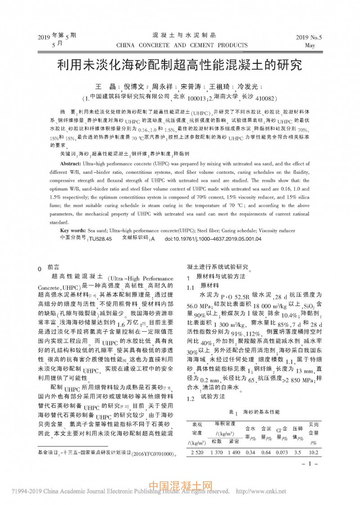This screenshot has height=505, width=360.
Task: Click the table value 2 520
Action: point(198,452)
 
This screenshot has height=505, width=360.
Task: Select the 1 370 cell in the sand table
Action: point(218,452)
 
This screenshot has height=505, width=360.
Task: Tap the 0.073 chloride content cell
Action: point(282,452)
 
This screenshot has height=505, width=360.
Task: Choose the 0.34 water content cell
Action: point(250,452)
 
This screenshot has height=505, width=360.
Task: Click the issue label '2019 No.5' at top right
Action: point(309,38)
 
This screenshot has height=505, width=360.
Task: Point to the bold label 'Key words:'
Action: point(73,230)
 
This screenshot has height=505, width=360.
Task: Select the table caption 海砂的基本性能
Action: point(261,411)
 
